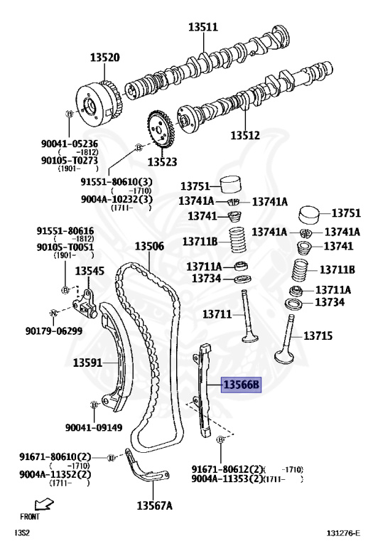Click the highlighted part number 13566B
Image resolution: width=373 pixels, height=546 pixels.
pyautogui.click(x=241, y=385)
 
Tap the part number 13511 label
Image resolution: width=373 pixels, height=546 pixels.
pyautogui.click(x=203, y=27)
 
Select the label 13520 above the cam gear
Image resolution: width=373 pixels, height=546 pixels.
pyautogui.click(x=104, y=58)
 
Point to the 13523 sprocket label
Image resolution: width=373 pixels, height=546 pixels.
pyautogui.click(x=162, y=162)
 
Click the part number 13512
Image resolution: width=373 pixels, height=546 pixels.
pyautogui.click(x=245, y=135)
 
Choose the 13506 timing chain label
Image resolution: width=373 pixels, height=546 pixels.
pyautogui.click(x=149, y=247)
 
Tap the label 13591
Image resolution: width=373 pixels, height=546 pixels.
pyautogui.click(x=87, y=363)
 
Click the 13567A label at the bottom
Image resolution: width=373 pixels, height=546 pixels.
pyautogui.click(x=154, y=505)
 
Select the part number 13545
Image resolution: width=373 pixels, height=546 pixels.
pyautogui.click(x=90, y=271)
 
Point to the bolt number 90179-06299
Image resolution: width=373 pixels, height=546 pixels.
pyautogui.click(x=54, y=331)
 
